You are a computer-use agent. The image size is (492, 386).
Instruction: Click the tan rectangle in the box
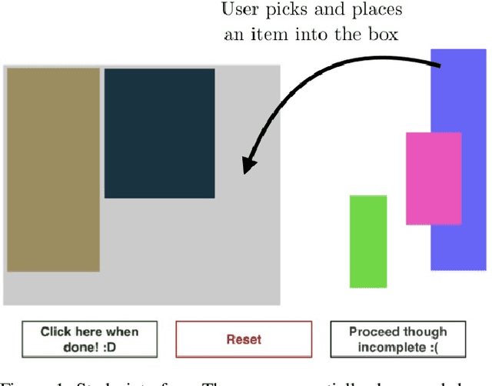tap(53, 169)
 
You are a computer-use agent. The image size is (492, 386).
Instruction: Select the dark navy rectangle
tap(159, 133)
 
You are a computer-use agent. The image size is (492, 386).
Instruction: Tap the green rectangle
tap(368, 241)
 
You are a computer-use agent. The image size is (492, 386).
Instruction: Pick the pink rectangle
tap(434, 178)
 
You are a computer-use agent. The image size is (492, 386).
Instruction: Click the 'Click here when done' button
tap(90, 339)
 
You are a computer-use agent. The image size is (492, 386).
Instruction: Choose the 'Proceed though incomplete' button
tap(397, 339)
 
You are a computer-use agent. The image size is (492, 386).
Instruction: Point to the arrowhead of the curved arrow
tap(248, 164)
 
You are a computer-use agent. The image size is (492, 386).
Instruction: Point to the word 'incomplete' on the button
tap(391, 346)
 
